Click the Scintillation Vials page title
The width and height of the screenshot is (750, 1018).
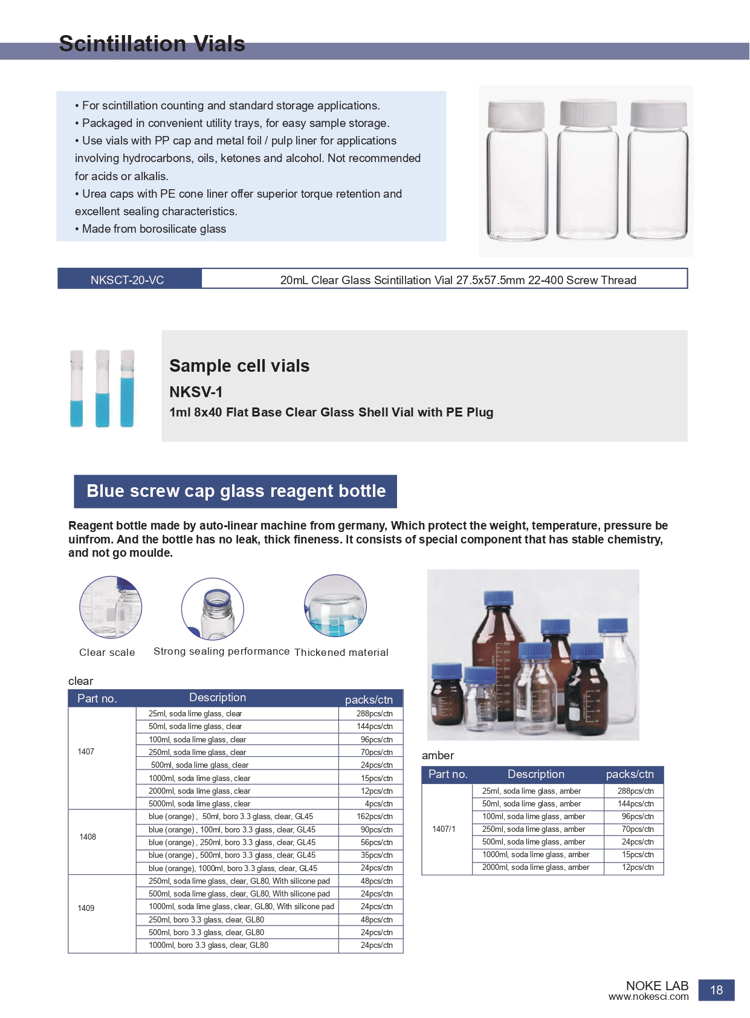coord(152,44)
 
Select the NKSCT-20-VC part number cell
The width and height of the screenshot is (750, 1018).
coord(127,280)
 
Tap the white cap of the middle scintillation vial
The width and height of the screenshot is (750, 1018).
coord(588,113)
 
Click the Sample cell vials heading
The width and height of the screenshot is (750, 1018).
coord(239,366)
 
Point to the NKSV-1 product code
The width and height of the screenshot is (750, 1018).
coord(196,392)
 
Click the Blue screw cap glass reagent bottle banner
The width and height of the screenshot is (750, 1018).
coord(236,491)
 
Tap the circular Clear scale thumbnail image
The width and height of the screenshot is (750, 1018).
coord(111,607)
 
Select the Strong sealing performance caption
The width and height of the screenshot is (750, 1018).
coord(221,651)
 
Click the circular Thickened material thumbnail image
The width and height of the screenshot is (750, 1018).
coord(335,606)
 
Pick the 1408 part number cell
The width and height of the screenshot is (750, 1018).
coord(88,837)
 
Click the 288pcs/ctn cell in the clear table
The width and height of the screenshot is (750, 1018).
coord(375,714)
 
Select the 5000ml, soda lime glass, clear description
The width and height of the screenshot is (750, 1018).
coord(199,804)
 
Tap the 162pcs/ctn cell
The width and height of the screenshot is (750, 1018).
coord(375,817)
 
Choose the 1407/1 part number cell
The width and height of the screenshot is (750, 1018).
coord(444,829)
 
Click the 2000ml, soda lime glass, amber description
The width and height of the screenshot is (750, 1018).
coord(535,867)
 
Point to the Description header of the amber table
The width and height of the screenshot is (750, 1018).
coord(536,774)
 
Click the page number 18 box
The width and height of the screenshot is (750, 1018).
coord(716,990)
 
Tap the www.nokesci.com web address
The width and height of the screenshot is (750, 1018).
coord(648,997)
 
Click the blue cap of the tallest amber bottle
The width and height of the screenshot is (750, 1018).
coord(499,598)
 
